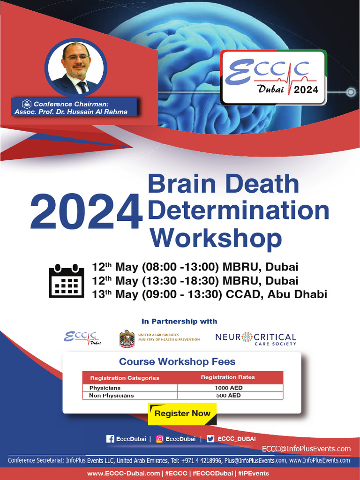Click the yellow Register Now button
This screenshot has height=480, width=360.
point(182,413)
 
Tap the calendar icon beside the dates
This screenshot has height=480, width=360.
point(66,280)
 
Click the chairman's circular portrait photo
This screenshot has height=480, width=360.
point(76,67)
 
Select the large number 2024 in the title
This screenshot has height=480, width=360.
point(86,212)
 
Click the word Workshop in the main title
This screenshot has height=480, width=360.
point(216,238)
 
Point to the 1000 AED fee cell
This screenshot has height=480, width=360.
point(229,388)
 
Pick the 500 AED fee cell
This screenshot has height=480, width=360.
point(229,396)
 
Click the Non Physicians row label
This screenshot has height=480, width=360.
point(112,396)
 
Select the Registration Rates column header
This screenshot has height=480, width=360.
point(228,377)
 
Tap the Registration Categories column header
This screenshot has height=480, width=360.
point(125,378)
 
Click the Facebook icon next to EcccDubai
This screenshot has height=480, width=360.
point(111,439)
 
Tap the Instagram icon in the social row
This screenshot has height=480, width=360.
point(160,439)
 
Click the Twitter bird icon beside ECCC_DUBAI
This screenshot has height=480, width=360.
point(210,439)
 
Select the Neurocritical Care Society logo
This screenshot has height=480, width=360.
point(255,339)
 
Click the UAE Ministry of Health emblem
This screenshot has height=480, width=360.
point(127,339)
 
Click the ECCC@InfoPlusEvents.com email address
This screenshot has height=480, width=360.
point(306,449)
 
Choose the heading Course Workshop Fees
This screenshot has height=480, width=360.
point(177,362)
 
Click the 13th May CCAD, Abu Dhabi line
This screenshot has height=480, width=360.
point(209,294)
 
